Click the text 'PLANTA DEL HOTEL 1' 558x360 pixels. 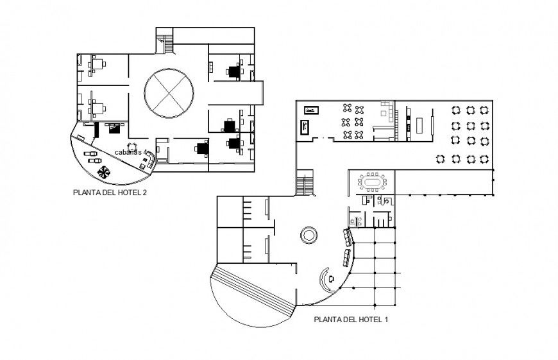350,318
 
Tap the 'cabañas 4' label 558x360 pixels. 131,152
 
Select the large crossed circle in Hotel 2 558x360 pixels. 169,94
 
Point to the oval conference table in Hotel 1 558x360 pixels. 373,182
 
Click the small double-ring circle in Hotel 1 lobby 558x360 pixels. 309,235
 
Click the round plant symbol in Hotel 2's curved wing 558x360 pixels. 103,171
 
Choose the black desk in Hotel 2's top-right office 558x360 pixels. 234,71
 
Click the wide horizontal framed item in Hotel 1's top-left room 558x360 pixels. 312,110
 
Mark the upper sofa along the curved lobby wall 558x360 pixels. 348,238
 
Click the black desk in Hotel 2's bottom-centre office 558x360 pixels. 203,149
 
